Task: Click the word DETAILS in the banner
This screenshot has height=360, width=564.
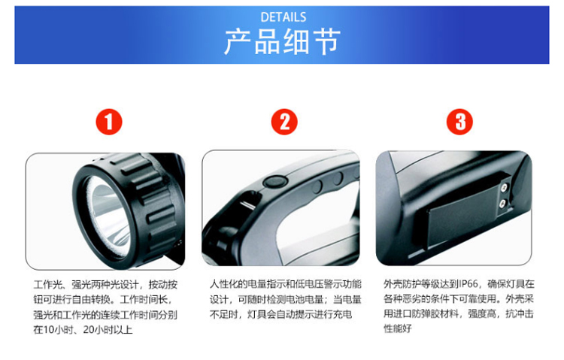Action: pyautogui.click(x=283, y=17)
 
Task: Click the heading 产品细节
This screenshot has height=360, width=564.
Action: pyautogui.click(x=282, y=42)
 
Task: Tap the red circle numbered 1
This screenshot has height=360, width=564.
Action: pyautogui.click(x=109, y=122)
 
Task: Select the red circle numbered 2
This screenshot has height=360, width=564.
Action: pyautogui.click(x=284, y=122)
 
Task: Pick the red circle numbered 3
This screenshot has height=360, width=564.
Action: pyautogui.click(x=459, y=122)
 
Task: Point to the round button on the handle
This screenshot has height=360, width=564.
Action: pyautogui.click(x=274, y=182)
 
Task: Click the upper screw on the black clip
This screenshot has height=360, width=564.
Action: pyautogui.click(x=505, y=187)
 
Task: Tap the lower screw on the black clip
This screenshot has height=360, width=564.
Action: pyautogui.click(x=503, y=204)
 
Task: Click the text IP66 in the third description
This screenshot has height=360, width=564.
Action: pyautogui.click(x=468, y=284)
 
